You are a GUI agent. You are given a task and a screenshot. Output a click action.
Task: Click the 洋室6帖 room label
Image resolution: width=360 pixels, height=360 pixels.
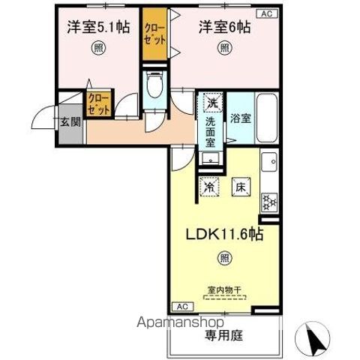[223, 27]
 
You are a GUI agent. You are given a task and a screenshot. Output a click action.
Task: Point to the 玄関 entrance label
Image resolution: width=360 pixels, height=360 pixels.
[71, 121]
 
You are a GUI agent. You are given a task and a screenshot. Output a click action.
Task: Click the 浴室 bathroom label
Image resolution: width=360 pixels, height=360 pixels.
[241, 118]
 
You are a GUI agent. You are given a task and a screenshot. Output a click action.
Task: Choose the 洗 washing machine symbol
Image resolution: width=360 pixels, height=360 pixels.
[211, 102]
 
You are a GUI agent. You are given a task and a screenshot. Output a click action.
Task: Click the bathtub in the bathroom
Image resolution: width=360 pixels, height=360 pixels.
[267, 118]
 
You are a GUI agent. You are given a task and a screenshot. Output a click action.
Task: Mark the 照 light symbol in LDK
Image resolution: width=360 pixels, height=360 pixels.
[224, 259]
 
